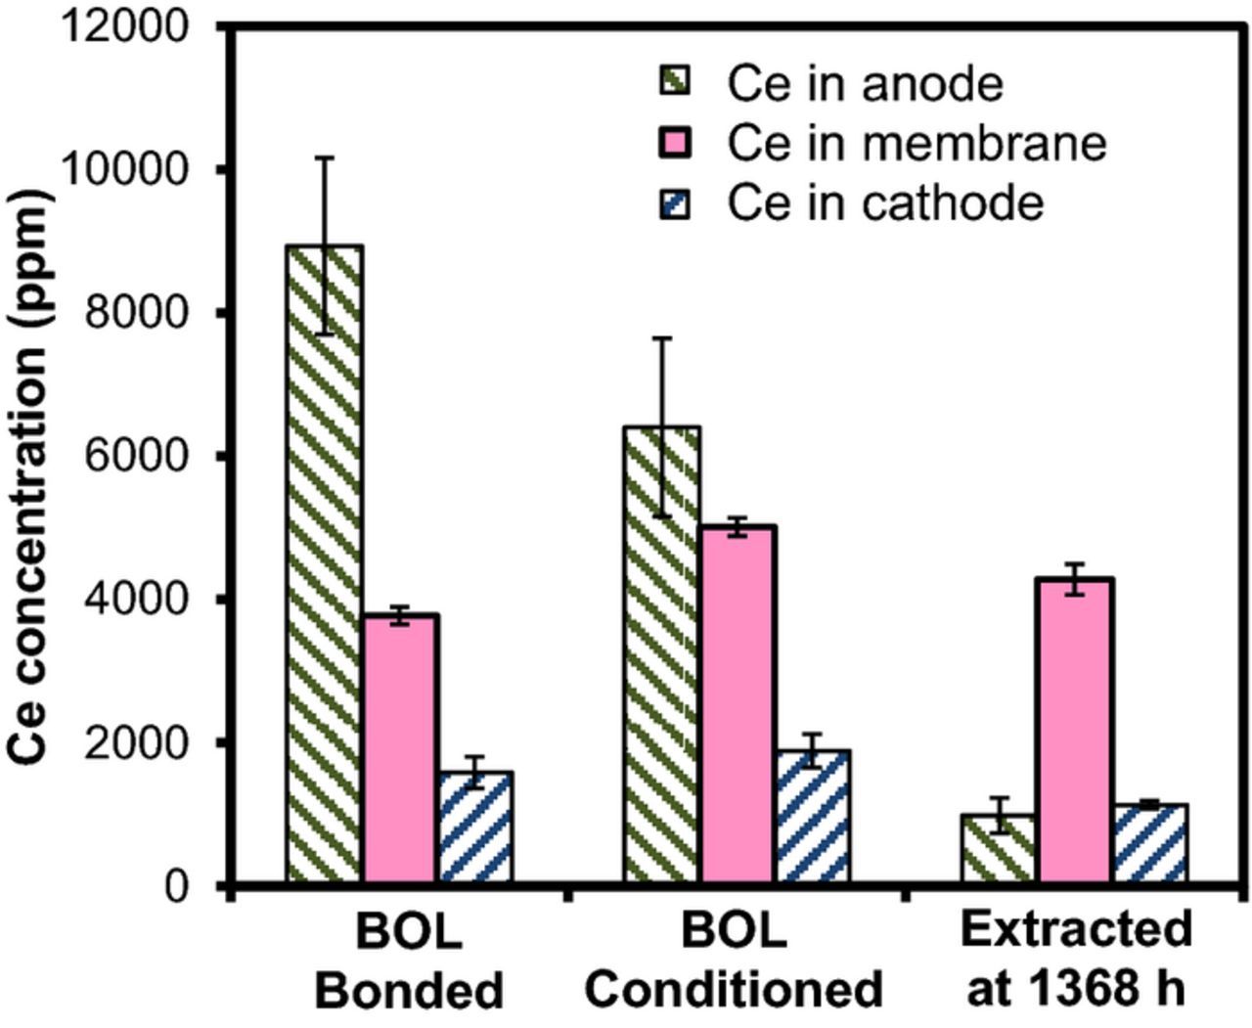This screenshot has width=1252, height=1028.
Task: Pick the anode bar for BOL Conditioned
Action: pyautogui.click(x=662, y=655)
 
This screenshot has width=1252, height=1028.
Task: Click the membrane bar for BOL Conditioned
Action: pyautogui.click(x=738, y=705)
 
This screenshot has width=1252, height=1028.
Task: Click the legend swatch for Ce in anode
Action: pyautogui.click(x=676, y=81)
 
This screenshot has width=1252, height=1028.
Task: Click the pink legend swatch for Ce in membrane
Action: pyautogui.click(x=676, y=143)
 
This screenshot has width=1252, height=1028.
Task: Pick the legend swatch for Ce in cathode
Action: pyautogui.click(x=676, y=203)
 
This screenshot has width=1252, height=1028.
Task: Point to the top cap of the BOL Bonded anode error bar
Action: pyautogui.click(x=325, y=157)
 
